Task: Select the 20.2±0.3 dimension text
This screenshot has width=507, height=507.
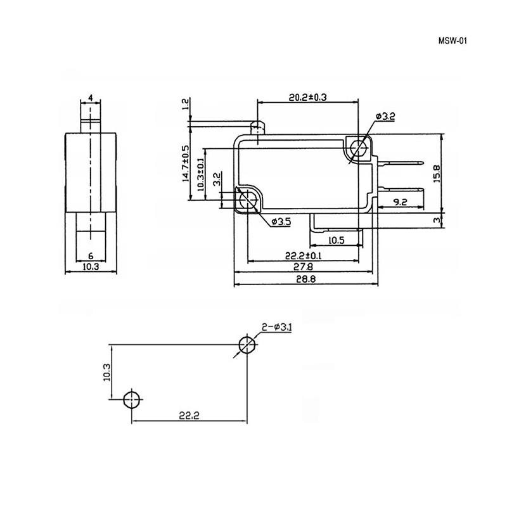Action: [x=307, y=97]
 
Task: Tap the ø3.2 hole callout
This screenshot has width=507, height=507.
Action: [x=385, y=117]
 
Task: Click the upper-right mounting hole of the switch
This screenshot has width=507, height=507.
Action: [x=360, y=149]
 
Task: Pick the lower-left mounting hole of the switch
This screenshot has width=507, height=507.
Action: [x=247, y=200]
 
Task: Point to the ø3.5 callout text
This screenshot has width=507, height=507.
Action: [x=281, y=221]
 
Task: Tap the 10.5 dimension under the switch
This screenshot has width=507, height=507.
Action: [x=336, y=239]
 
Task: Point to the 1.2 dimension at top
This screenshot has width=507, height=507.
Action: [x=185, y=104]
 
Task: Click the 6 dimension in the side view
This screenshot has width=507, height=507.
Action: [x=91, y=255]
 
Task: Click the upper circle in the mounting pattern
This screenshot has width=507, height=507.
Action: [x=247, y=344]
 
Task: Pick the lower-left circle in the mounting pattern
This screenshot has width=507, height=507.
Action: [x=131, y=399]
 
